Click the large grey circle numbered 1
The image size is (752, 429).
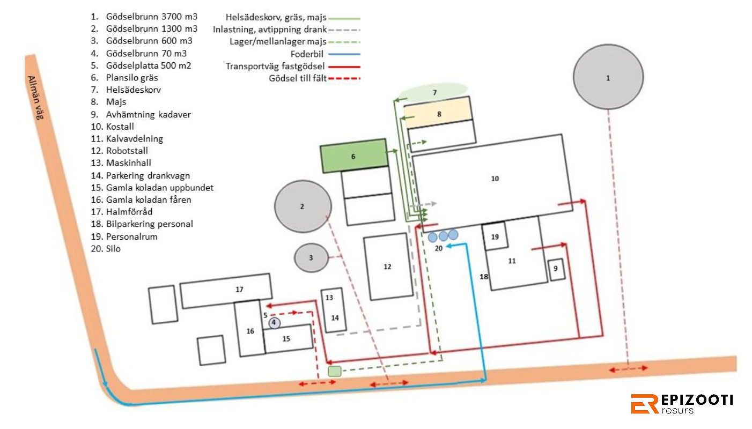tap(608, 77)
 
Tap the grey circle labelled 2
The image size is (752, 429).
tap(303, 206)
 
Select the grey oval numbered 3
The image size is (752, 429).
tap(311, 258)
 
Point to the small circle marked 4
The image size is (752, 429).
tap(274, 323)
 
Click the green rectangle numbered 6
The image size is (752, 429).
tap(354, 156)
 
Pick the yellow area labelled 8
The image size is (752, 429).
tap(438, 112)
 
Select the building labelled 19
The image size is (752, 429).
tap(495, 236)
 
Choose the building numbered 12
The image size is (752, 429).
tap(388, 267)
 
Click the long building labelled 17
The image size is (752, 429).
tap(226, 291)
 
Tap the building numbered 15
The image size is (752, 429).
tap(287, 338)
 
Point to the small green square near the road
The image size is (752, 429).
tap(334, 371)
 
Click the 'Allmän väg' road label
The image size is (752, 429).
tap(35, 98)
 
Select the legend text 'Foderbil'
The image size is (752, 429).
tap(307, 54)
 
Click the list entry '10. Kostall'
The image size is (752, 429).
tap(113, 127)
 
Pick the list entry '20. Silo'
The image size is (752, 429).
tap(106, 249)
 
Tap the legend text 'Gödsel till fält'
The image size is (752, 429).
tap(298, 78)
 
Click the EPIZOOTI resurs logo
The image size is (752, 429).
tap(682, 404)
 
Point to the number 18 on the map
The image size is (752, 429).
tap(483, 277)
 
